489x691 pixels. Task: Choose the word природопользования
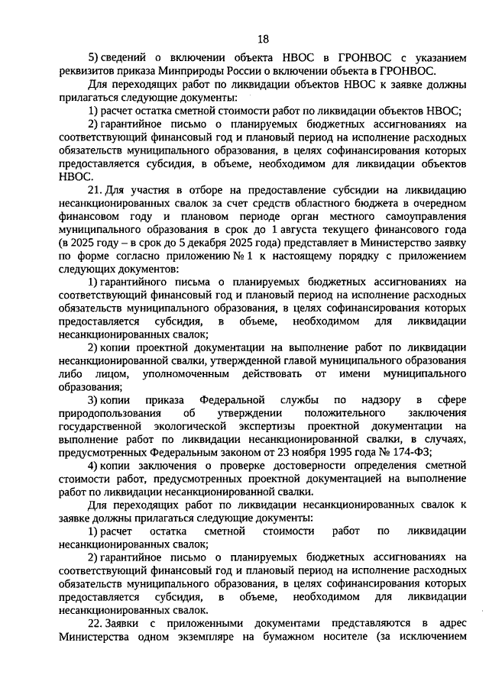click(x=111, y=412)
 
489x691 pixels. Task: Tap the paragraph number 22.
click(x=96, y=624)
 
